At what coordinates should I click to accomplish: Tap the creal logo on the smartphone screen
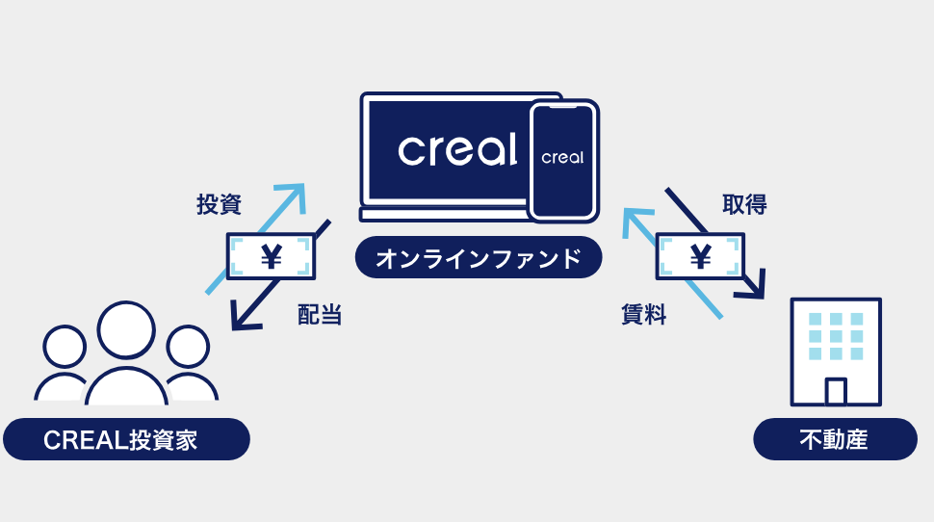(562, 157)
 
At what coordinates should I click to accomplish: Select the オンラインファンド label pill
(479, 259)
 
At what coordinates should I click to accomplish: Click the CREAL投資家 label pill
(126, 440)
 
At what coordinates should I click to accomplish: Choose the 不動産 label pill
(834, 440)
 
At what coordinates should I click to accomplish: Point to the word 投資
(219, 204)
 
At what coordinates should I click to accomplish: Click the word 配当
(320, 314)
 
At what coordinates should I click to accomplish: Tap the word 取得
(744, 204)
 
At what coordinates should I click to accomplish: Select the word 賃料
(643, 314)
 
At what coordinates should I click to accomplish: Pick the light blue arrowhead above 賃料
(633, 218)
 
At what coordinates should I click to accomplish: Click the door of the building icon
(836, 391)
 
